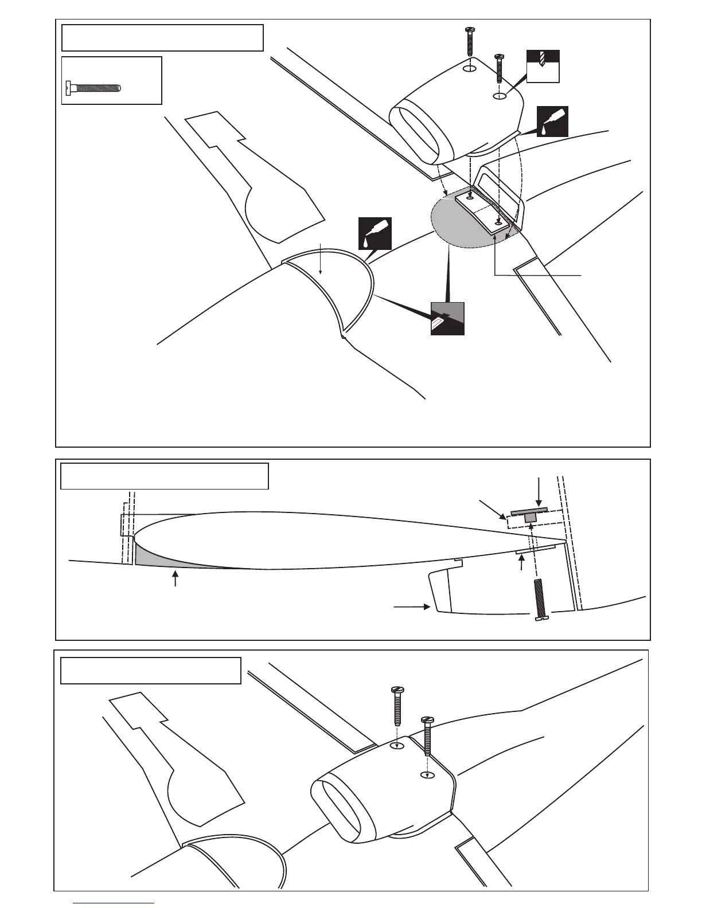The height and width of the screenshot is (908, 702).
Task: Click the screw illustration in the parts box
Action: [92, 88]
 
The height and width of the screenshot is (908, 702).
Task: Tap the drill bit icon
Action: [543, 66]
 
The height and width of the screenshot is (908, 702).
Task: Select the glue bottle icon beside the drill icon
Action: [551, 121]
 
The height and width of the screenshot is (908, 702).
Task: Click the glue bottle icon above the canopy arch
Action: [375, 233]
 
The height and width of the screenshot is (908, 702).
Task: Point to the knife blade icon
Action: [447, 318]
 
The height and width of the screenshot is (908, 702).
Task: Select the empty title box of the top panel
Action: [162, 38]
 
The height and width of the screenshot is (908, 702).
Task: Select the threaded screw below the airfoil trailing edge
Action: [539, 600]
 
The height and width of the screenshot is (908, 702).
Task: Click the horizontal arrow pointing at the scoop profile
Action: [412, 605]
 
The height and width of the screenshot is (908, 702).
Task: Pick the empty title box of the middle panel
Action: [165, 476]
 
